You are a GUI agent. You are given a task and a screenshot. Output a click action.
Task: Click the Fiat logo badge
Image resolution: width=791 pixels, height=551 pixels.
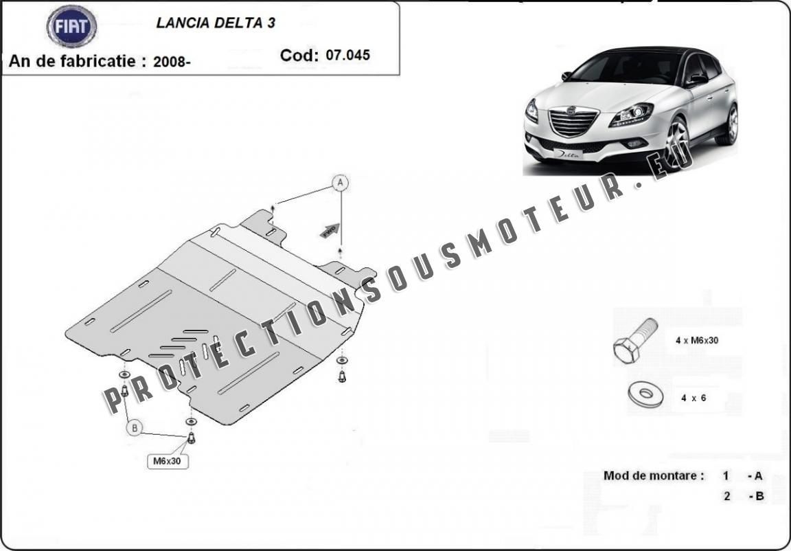click(71, 26)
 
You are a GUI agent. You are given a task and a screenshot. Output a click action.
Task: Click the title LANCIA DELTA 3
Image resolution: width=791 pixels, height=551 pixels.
click(216, 23)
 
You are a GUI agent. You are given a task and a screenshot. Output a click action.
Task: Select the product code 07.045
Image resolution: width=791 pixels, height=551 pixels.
click(347, 55)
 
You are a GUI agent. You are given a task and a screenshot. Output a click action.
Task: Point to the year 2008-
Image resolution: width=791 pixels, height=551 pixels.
click(172, 62)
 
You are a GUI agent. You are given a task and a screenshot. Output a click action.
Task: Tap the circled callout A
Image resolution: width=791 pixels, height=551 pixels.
click(341, 182)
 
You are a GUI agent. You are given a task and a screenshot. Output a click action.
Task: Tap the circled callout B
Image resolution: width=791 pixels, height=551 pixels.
click(135, 429)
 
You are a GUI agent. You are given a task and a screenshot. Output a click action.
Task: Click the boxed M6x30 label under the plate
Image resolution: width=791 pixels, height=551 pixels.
click(168, 461)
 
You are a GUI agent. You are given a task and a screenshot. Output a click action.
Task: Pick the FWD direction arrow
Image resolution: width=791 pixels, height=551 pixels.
click(330, 231)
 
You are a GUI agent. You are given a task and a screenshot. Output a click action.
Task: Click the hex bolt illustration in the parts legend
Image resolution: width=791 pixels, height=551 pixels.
click(635, 341)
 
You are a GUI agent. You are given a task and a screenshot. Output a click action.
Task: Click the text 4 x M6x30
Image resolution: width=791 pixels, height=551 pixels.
click(697, 341)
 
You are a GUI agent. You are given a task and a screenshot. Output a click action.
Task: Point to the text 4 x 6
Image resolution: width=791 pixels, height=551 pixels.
click(693, 398)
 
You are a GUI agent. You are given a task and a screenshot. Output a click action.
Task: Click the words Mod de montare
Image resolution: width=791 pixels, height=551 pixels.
click(654, 475)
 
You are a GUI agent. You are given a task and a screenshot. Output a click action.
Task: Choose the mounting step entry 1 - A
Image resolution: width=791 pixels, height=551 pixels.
click(742, 476)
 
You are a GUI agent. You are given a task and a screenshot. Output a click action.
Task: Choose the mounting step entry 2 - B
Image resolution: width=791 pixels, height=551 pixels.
click(744, 496)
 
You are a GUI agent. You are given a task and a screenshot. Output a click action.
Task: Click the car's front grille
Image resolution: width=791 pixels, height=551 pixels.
click(573, 122)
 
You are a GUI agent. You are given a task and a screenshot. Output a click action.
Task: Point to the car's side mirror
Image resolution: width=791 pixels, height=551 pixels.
click(698, 79)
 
